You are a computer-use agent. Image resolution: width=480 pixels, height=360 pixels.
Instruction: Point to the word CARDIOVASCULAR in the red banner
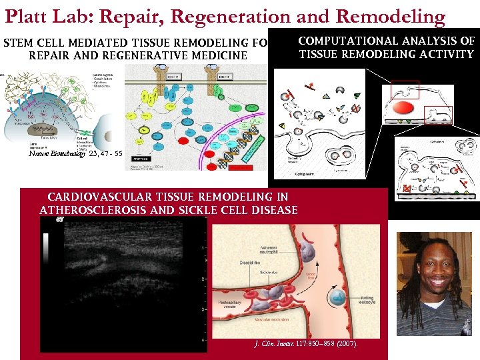click(99, 197)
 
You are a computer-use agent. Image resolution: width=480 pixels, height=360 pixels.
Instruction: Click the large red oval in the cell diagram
click(404, 109)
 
